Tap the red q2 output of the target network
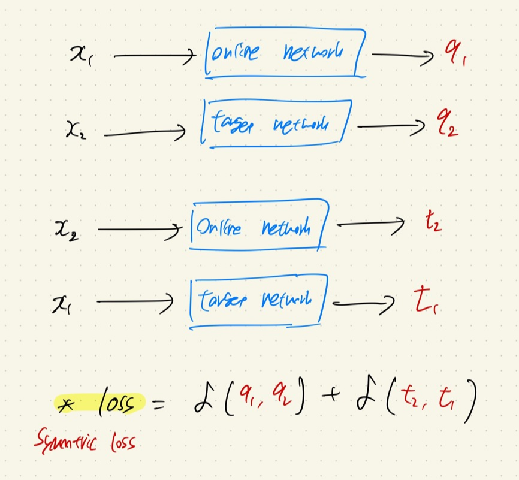(446, 126)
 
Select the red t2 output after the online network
(432, 227)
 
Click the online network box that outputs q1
(284, 54)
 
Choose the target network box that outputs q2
(275, 124)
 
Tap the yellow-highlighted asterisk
(64, 404)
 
